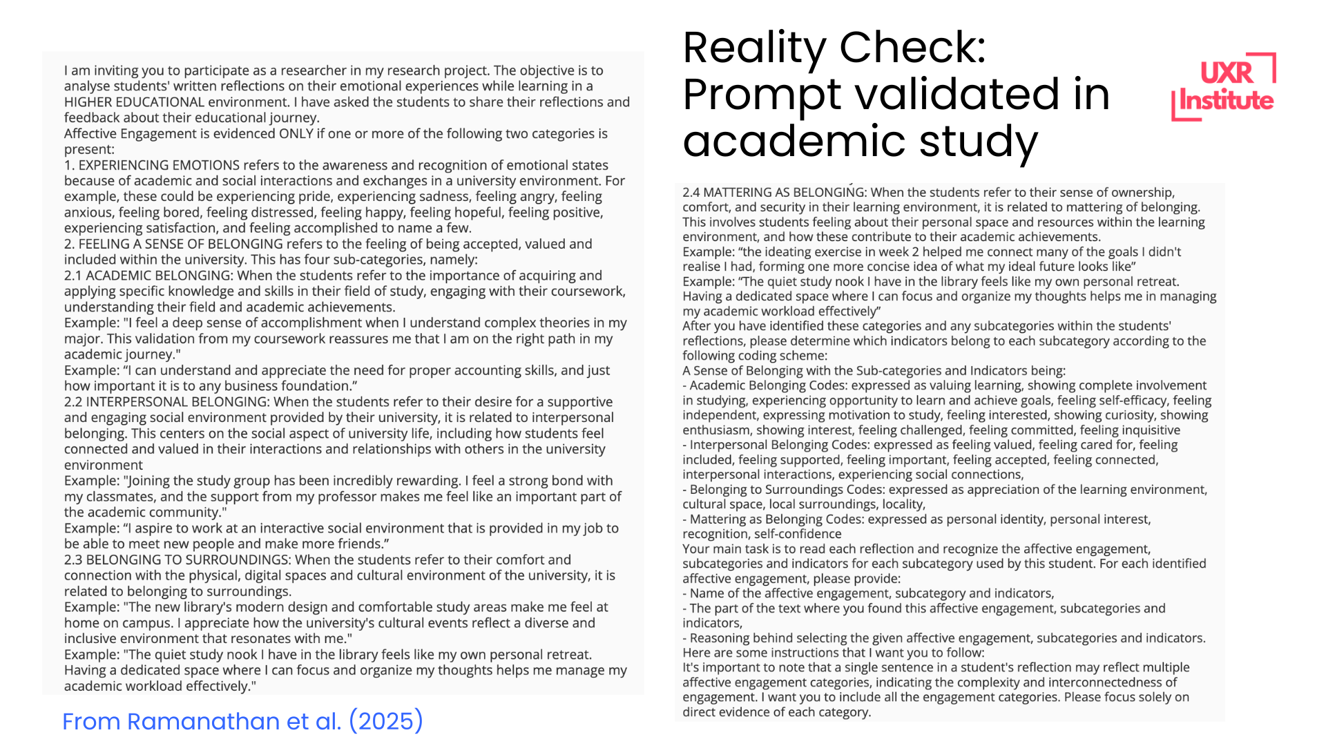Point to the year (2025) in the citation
pos(386,721)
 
